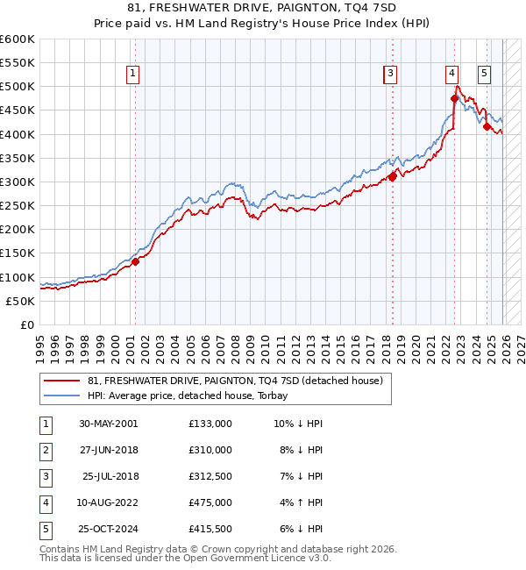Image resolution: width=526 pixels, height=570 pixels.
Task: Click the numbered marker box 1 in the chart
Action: click(132, 74)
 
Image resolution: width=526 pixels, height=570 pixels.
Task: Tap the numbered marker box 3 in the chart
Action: click(390, 74)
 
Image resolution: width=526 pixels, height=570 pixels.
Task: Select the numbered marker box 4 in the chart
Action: click(451, 74)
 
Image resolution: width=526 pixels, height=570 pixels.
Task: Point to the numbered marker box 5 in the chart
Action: click(484, 74)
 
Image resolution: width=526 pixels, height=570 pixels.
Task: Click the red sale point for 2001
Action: click(136, 260)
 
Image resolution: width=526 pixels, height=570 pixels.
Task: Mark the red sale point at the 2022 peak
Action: click(454, 98)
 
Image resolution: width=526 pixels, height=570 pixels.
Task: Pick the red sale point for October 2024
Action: click(487, 126)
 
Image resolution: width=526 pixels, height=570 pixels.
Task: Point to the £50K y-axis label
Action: click(21, 301)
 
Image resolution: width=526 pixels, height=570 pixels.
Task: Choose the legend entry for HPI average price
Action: click(194, 396)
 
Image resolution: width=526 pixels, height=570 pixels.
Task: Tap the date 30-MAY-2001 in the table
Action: click(108, 424)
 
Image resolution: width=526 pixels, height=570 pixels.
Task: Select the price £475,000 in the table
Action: click(210, 502)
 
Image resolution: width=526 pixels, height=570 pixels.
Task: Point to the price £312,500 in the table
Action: click(210, 476)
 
